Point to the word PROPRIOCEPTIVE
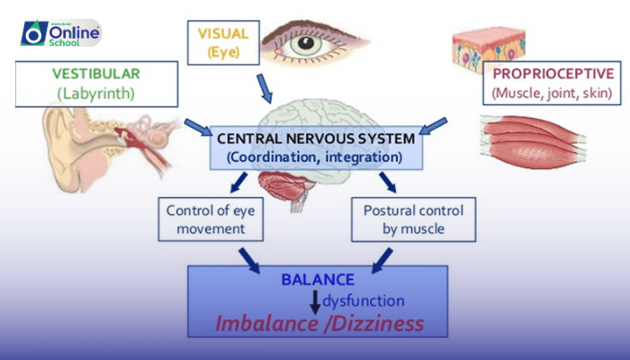551,74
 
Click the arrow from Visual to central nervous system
264,89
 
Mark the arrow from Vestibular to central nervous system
196,124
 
